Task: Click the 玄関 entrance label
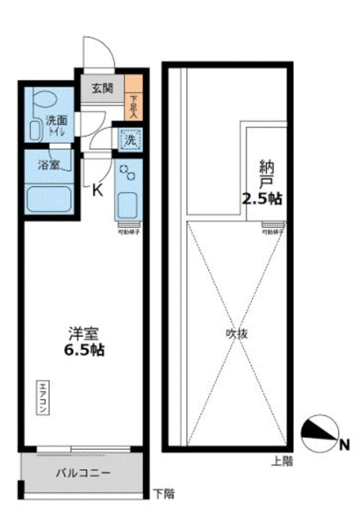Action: [102, 89]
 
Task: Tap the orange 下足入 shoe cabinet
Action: [134, 98]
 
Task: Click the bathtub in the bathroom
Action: [49, 199]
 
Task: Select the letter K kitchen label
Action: [97, 191]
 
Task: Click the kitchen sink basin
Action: [127, 205]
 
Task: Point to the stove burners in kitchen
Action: [128, 173]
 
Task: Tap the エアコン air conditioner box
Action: [44, 398]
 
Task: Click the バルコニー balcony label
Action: [83, 473]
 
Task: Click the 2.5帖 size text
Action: [262, 199]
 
